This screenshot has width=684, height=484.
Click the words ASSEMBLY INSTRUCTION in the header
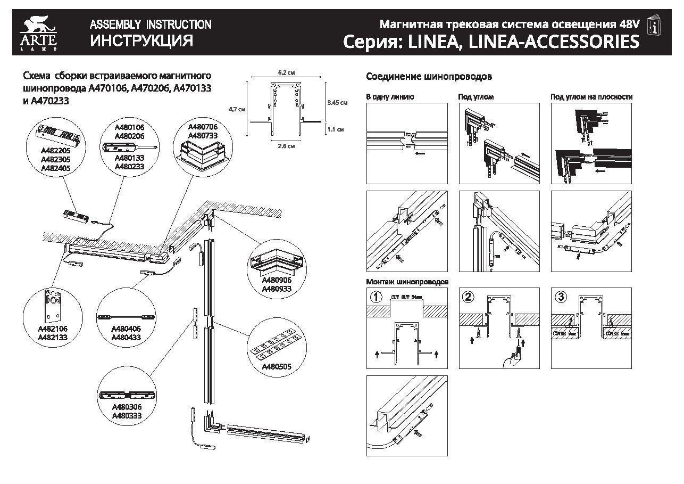pyautogui.click(x=151, y=24)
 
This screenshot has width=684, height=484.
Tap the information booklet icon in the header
pyautogui.click(x=655, y=26)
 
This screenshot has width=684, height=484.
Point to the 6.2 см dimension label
pyautogui.click(x=287, y=72)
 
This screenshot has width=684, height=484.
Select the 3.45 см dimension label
pyautogui.click(x=337, y=102)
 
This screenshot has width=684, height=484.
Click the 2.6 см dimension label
pyautogui.click(x=286, y=146)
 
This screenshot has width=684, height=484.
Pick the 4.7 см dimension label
pyautogui.click(x=237, y=109)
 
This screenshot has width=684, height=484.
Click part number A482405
pyautogui.click(x=55, y=168)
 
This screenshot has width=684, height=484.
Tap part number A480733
pyautogui.click(x=203, y=135)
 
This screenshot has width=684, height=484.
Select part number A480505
pyautogui.click(x=276, y=367)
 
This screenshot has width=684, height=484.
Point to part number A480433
pyautogui.click(x=126, y=337)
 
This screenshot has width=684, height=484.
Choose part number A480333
pyautogui.click(x=127, y=416)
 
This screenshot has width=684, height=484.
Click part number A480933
pyautogui.click(x=277, y=289)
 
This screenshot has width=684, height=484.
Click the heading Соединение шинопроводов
pyautogui.click(x=429, y=77)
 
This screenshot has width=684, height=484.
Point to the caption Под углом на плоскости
pyautogui.click(x=591, y=97)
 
